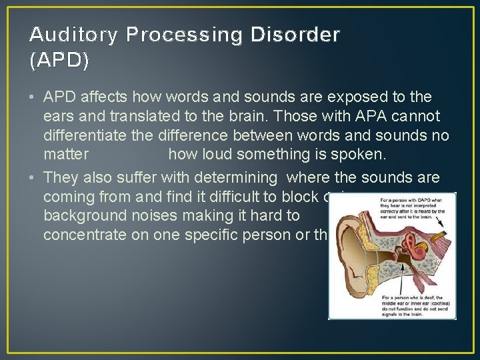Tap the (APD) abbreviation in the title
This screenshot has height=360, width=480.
59,61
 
